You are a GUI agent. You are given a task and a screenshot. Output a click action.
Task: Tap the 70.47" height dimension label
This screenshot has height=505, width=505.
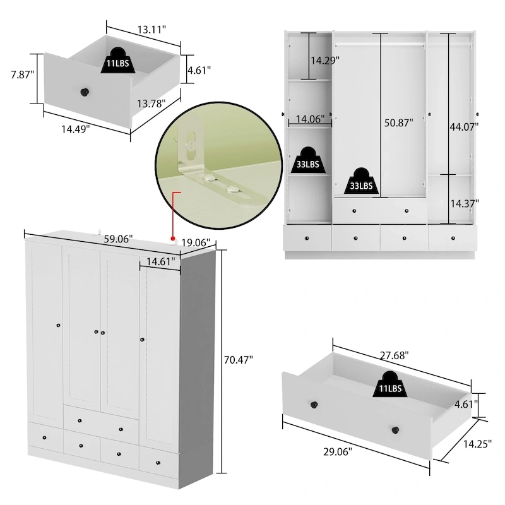click(x=238, y=360)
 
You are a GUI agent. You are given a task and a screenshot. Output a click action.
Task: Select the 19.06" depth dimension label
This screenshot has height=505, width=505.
click(x=196, y=243)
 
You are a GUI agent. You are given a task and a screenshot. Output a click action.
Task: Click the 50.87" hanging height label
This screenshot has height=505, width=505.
click(x=398, y=123)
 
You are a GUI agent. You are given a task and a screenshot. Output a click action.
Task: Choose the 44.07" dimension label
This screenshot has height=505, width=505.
click(x=465, y=126)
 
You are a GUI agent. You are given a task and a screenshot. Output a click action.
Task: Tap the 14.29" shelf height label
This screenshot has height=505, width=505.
click(x=324, y=60)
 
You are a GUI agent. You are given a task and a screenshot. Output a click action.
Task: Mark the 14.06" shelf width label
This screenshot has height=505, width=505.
click(x=309, y=118)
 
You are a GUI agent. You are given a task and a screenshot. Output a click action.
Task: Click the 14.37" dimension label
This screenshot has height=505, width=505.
click(x=465, y=203)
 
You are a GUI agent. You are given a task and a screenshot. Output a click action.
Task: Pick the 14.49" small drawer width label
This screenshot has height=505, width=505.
click(x=75, y=128)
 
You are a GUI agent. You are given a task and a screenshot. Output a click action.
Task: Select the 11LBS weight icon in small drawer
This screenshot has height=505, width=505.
click(x=117, y=59)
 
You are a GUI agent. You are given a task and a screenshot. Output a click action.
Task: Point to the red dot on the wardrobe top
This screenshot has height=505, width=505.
click(x=172, y=239)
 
